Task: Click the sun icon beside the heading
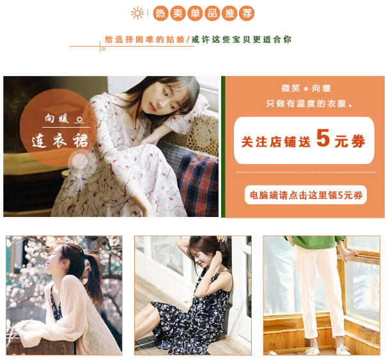137,13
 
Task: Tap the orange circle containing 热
160,13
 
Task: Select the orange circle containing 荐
247,13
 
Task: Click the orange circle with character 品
212,13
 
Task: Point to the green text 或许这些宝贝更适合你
242,40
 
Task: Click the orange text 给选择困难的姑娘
144,40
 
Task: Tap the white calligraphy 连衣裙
60,140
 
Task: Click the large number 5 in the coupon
323,138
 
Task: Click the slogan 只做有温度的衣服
309,103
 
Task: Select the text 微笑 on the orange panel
291,88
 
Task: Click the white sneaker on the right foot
343,350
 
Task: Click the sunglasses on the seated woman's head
197,238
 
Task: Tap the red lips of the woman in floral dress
153,107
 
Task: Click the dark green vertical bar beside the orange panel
223,147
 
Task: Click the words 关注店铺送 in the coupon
276,142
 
